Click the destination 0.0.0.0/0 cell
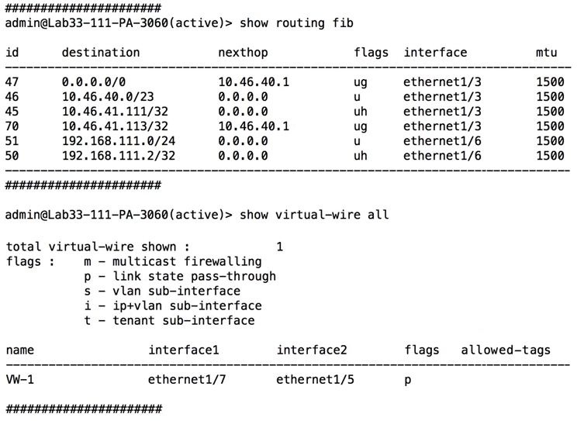(x=94, y=81)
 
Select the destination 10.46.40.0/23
(x=108, y=96)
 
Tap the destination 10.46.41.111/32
(x=115, y=112)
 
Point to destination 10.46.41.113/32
(x=115, y=126)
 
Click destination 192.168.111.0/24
(x=119, y=141)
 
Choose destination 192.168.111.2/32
(x=119, y=156)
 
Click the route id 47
(x=12, y=81)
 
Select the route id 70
(x=12, y=126)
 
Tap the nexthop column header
(x=243, y=53)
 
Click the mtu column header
(x=546, y=53)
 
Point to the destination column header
(x=101, y=52)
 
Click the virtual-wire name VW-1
(x=19, y=379)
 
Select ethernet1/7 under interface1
(x=187, y=379)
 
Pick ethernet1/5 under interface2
(x=315, y=379)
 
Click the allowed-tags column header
(x=506, y=350)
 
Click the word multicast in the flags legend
(x=144, y=261)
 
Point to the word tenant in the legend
(x=133, y=320)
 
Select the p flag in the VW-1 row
(x=408, y=381)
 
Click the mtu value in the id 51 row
(x=550, y=141)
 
